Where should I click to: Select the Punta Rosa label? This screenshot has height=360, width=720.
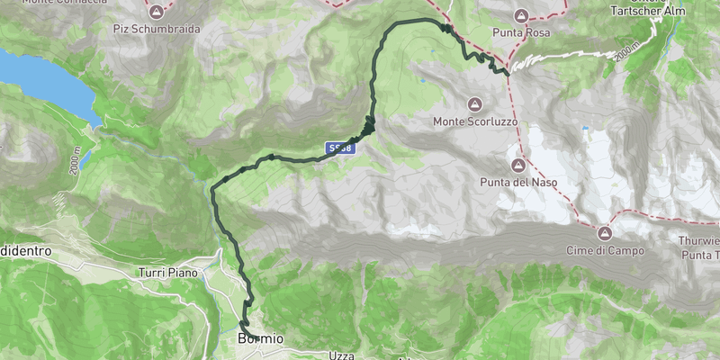tap(521, 32)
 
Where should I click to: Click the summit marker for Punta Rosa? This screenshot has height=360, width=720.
tap(521, 15)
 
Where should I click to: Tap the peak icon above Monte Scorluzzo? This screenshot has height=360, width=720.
tap(474, 103)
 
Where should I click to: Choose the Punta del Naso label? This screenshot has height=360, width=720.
tap(518, 183)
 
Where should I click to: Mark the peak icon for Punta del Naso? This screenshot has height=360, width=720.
tap(518, 166)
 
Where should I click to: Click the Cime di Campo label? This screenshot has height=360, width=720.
tap(605, 249)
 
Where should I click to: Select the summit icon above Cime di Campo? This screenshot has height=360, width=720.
tap(605, 232)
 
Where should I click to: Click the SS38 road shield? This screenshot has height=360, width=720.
tap(339, 148)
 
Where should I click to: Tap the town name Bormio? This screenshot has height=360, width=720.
tap(260, 339)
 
